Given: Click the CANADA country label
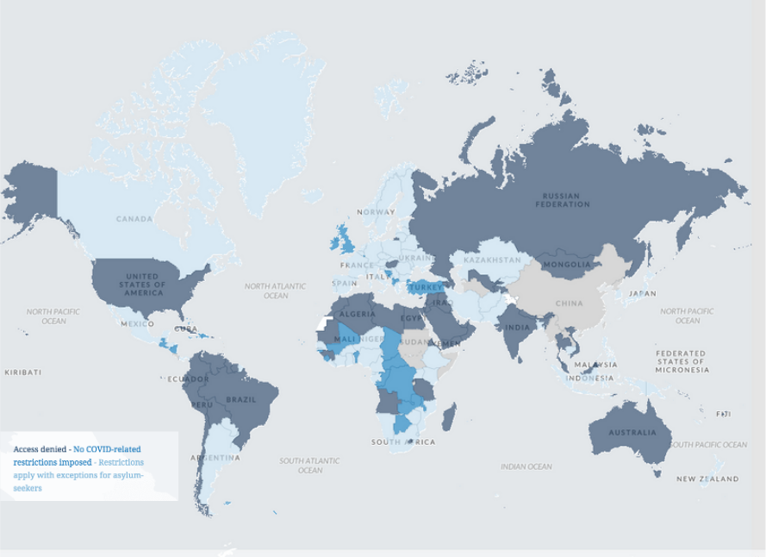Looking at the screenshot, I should [134, 219].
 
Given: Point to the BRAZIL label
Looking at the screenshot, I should [241, 399].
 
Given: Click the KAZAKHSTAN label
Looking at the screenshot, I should [492, 260].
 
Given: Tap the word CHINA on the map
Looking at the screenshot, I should [569, 304].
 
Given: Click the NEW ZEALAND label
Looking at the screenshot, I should [707, 479].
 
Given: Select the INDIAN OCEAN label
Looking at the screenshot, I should [526, 466].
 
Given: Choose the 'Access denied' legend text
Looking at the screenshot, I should [40, 449].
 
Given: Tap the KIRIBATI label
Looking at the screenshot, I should [22, 372].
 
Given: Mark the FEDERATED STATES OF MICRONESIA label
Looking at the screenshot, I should [681, 361].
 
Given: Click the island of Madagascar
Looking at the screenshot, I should [449, 419].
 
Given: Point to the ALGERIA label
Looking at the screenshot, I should [358, 314].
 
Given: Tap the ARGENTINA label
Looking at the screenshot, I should [216, 458].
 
